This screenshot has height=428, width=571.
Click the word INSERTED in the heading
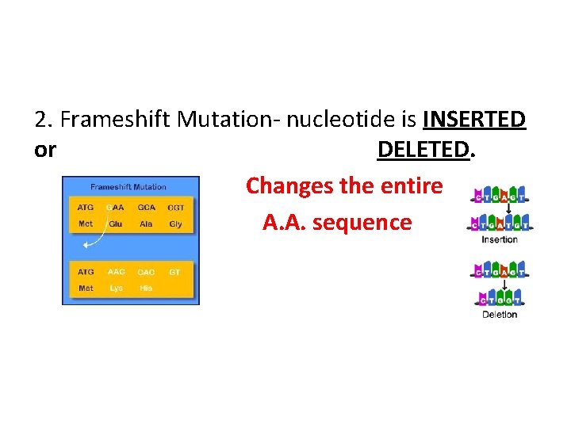474,119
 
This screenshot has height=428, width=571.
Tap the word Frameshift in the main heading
116,120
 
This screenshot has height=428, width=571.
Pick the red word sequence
362,223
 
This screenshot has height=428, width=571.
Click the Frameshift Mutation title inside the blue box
128,187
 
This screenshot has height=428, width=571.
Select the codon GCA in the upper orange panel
147,208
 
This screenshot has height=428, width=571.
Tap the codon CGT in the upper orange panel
176,208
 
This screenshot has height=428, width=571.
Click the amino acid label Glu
116,224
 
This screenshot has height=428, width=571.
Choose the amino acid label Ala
146,224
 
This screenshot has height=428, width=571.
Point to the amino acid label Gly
176,224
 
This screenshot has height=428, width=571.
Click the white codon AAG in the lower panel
116,272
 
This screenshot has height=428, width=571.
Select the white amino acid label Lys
116,289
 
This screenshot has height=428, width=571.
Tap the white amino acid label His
146,289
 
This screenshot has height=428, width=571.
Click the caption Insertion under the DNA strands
500,239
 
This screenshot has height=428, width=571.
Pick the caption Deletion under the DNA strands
500,315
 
